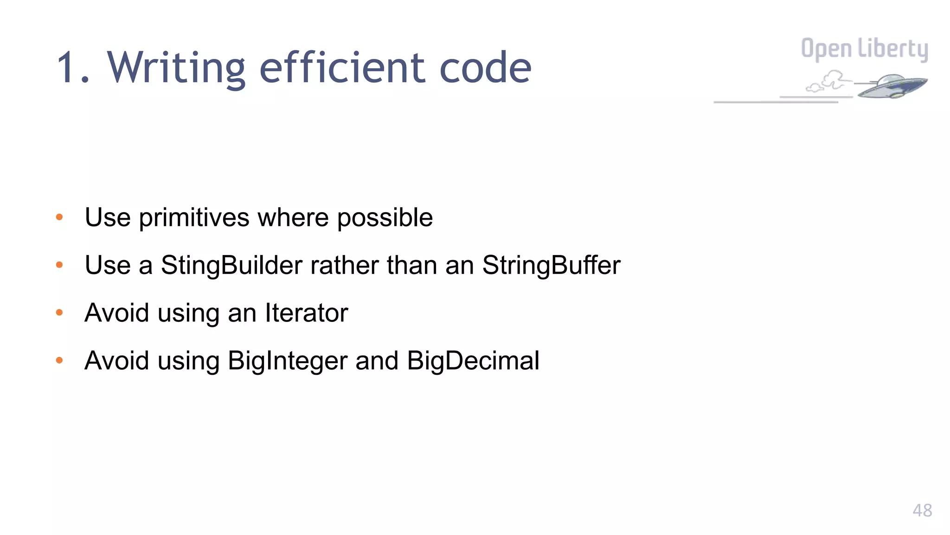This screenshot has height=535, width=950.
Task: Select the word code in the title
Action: [x=485, y=68]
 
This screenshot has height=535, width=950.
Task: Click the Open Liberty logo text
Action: [x=864, y=49]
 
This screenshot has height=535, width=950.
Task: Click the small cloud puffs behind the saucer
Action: [x=828, y=82]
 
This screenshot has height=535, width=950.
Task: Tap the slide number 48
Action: [x=922, y=510]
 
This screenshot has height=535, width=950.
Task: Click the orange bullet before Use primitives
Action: [x=59, y=217]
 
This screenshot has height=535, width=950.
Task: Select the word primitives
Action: [x=194, y=217]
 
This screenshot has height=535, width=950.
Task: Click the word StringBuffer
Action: [x=551, y=265]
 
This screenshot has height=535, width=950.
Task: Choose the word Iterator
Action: [x=306, y=313]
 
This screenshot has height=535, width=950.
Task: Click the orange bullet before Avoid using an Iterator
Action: [x=59, y=313]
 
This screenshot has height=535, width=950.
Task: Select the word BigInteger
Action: [x=288, y=361]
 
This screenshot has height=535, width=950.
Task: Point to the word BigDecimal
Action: [x=473, y=361]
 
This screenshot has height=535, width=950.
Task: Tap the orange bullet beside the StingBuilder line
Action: [x=59, y=265]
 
